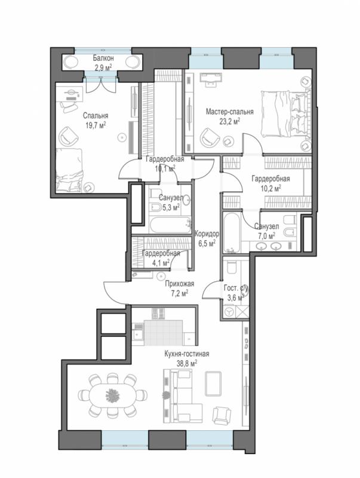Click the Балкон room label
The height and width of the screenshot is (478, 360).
click(103, 58)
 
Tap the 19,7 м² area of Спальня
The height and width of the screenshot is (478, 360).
click(96, 125)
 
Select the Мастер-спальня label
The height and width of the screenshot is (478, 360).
click(230, 112)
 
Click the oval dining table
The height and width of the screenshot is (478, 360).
click(113, 395)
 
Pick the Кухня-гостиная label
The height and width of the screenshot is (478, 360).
click(187, 354)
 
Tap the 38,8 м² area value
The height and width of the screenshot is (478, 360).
click(187, 363)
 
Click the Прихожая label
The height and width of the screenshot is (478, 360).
click(179, 284)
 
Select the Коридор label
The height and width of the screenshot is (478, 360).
click(207, 234)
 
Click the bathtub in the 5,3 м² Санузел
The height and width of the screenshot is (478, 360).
click(170, 225)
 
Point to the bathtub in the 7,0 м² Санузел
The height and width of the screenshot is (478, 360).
click(232, 233)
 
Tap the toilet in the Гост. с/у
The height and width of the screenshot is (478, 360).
click(232, 267)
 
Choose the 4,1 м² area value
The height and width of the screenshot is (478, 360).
click(161, 262)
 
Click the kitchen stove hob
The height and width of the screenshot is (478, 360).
click(158, 313)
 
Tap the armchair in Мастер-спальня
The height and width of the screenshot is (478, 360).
click(210, 137)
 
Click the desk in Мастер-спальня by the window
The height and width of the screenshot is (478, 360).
click(210, 77)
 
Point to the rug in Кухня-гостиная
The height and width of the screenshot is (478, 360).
click(213, 384)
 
